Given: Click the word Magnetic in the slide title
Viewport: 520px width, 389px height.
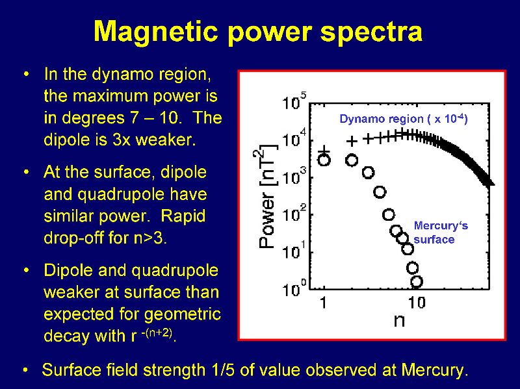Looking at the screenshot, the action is click(156, 31).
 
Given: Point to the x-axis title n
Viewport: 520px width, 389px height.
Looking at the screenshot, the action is click(399, 320).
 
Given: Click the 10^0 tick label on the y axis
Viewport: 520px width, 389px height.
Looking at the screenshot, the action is click(294, 288).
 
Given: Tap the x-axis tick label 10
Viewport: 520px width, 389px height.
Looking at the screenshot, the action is click(417, 303).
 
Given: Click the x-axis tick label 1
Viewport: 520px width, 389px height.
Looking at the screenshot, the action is click(324, 303).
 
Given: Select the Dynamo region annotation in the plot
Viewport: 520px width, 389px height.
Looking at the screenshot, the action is click(404, 119).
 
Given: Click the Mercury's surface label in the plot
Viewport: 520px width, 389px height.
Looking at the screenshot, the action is click(441, 232).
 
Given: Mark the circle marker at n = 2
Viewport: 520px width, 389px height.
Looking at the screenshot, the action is click(352, 160).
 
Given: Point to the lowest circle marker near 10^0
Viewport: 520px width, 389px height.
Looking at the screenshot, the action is click(417, 282).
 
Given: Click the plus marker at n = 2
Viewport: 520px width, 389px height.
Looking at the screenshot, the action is click(352, 142).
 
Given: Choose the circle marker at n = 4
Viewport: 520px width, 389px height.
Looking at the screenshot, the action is click(380, 192).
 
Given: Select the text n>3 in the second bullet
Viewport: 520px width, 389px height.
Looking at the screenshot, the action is click(150, 238).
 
